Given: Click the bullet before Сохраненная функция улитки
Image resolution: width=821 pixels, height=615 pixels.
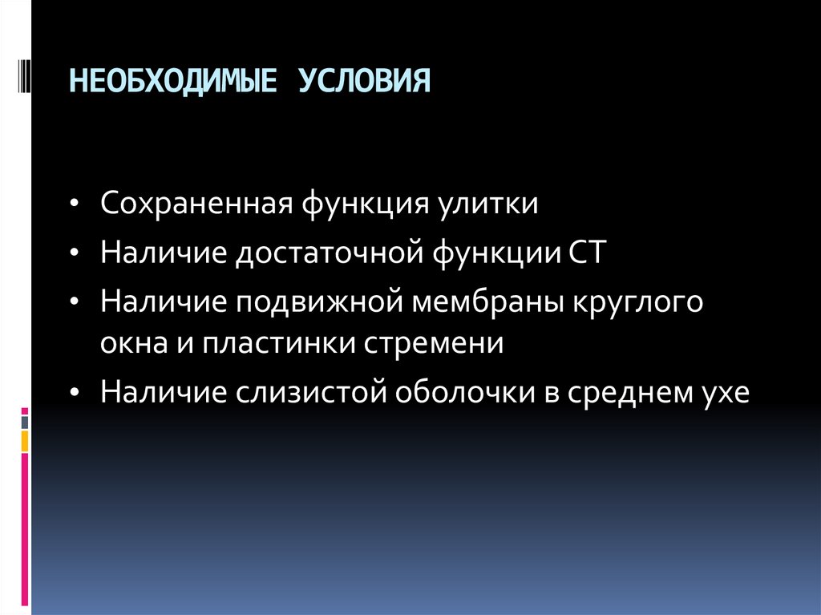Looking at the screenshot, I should [75, 204].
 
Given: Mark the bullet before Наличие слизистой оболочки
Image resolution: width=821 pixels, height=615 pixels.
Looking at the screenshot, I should [75, 394].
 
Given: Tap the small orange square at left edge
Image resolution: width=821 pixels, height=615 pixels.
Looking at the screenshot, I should [25, 439].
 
